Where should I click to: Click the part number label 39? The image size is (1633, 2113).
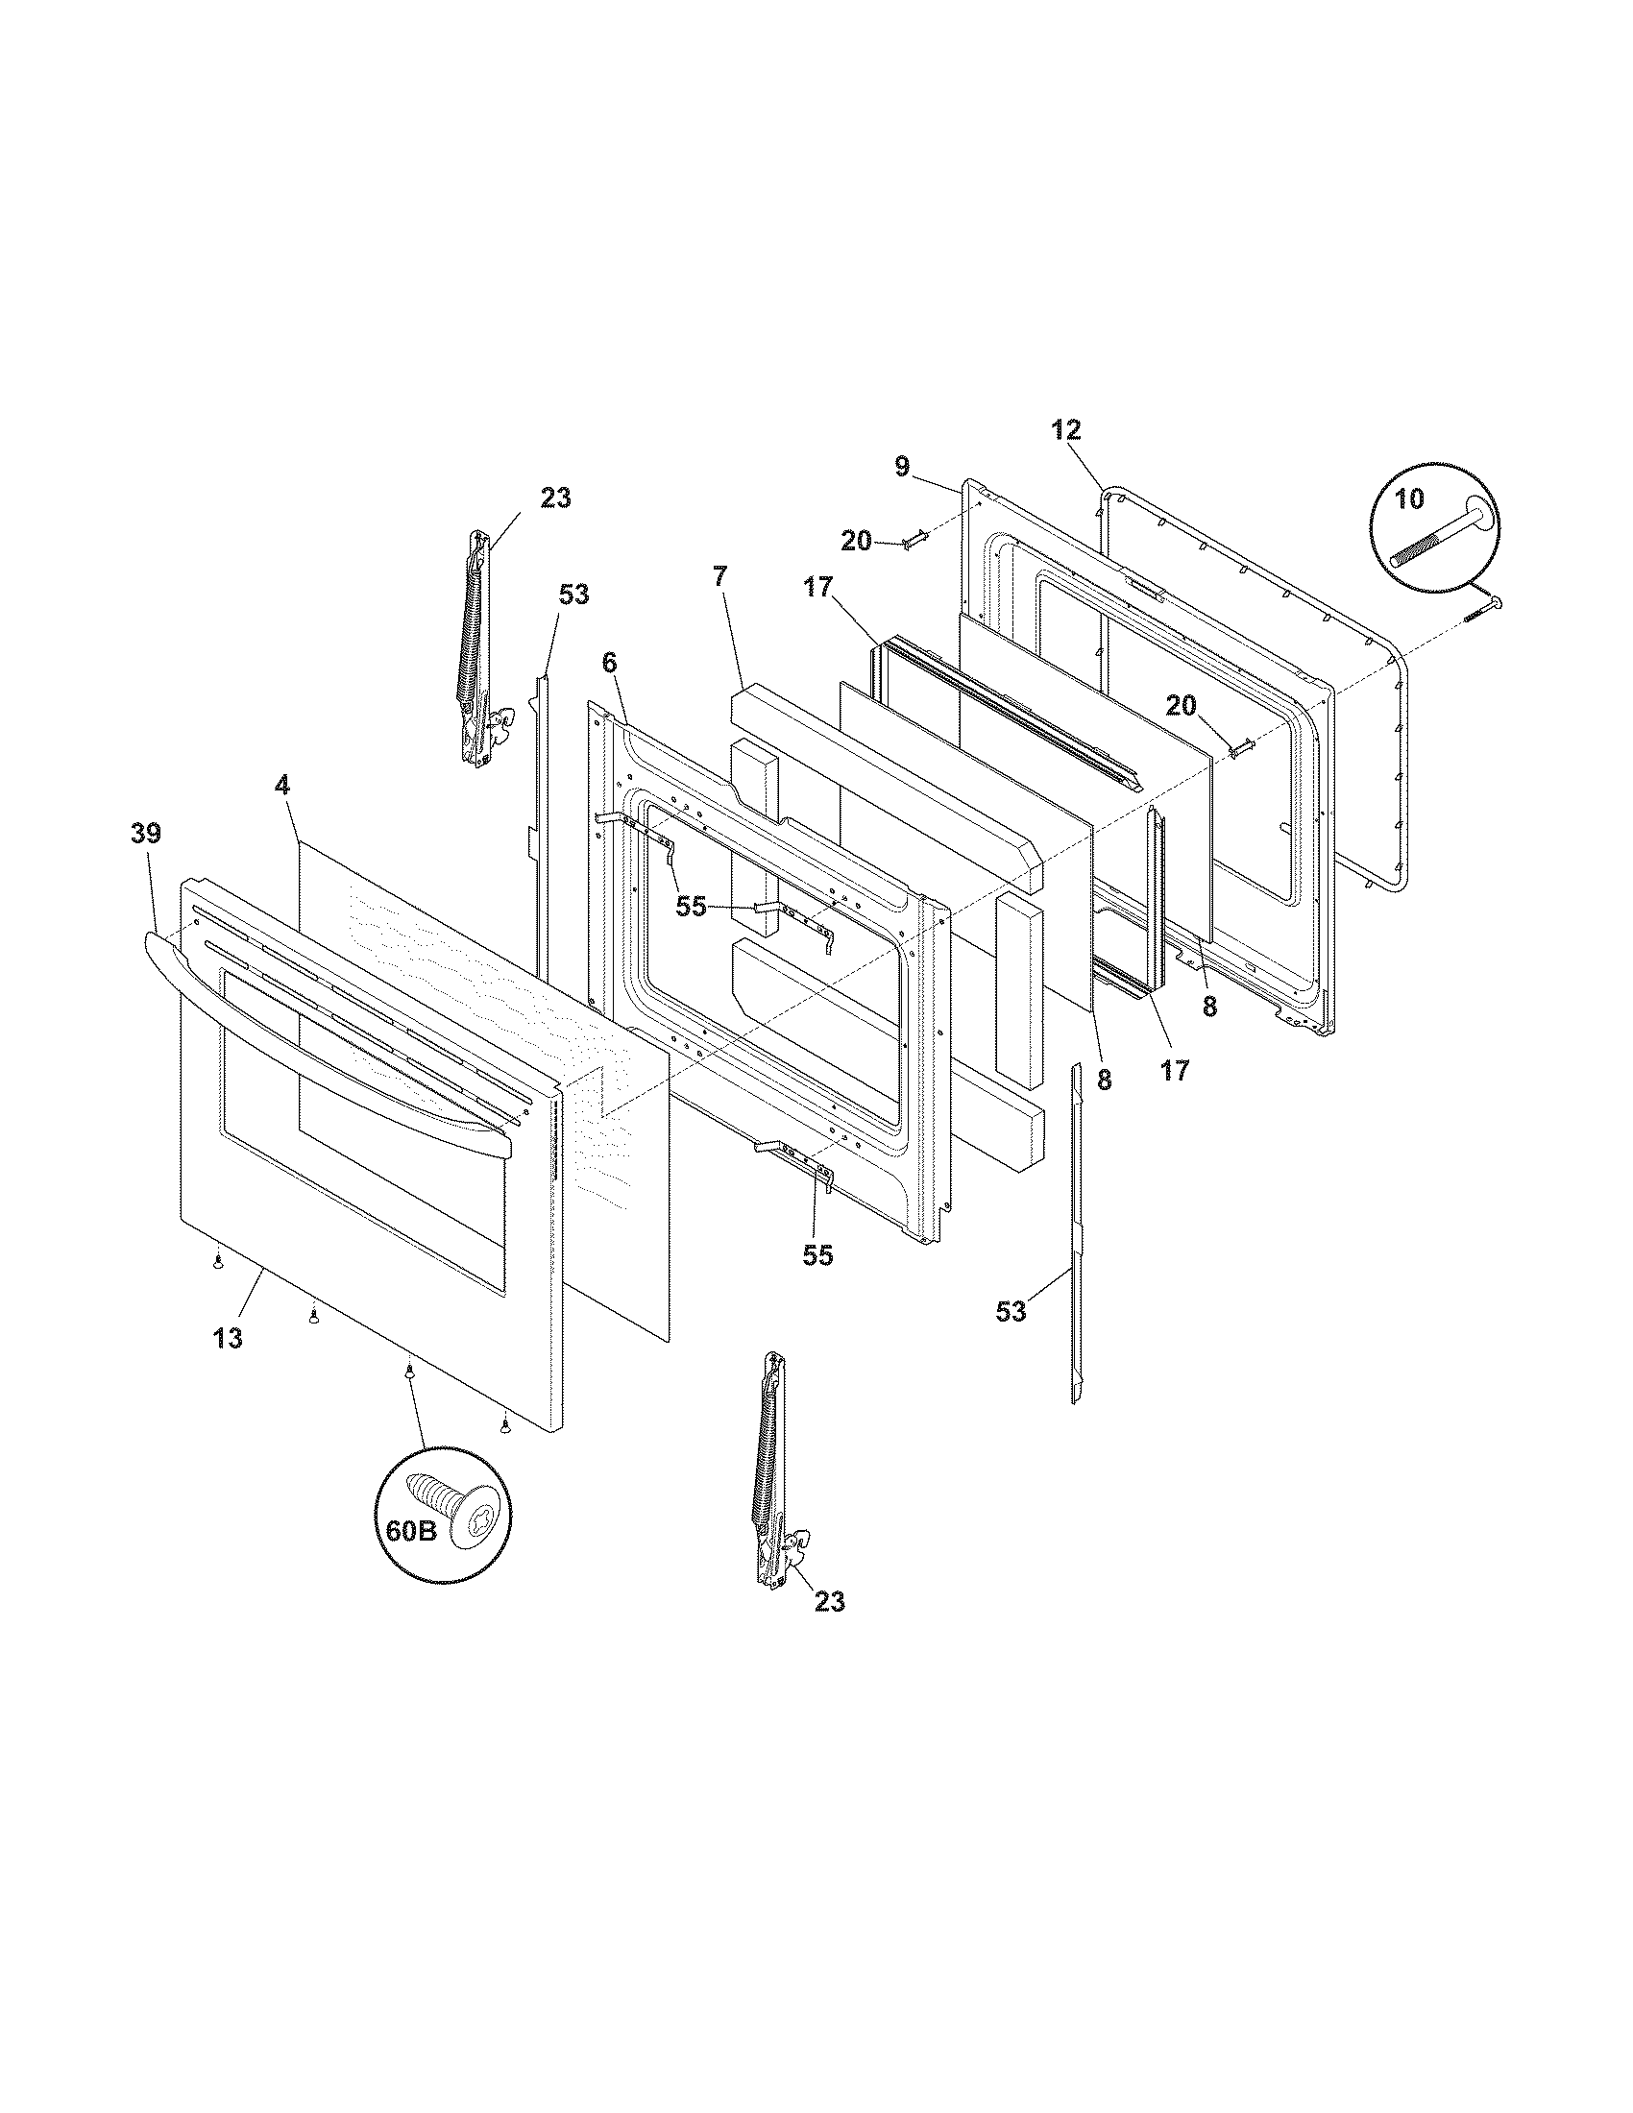(146, 833)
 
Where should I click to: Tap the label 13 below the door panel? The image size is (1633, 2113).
(229, 1338)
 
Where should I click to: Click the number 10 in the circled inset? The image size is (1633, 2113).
(1409, 499)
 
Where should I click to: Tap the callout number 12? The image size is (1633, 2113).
(1066, 430)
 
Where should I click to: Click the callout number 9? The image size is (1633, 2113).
(902, 468)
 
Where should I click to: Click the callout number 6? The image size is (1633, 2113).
(608, 663)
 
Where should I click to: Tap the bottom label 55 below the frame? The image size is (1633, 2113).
(817, 1256)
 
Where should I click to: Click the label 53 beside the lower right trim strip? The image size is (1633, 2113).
(1011, 1312)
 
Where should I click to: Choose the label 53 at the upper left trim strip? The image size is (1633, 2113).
(573, 594)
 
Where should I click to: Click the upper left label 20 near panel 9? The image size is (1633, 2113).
(856, 542)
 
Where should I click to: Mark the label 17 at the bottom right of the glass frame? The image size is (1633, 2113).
(1175, 1071)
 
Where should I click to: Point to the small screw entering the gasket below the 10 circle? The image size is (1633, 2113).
(1481, 610)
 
